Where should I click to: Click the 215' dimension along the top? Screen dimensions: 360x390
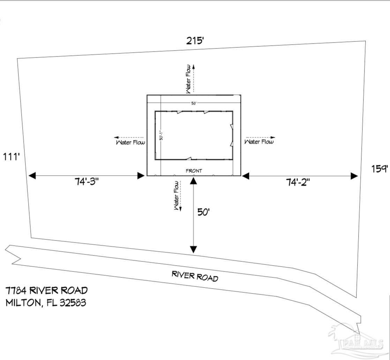tap(195, 41)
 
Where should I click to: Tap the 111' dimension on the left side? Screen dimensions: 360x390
tap(13, 157)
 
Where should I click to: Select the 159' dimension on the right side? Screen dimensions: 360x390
tap(380, 169)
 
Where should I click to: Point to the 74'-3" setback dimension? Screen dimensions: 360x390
tap(87, 182)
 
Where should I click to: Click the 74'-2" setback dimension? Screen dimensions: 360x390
tap(298, 182)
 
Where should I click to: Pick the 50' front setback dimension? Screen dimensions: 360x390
tap(203, 212)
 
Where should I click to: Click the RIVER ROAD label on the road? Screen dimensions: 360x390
tap(195, 276)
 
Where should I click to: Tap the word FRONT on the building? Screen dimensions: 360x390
tap(194, 171)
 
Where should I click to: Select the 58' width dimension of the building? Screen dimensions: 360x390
tap(194, 103)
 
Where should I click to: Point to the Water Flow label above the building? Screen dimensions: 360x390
tap(189, 79)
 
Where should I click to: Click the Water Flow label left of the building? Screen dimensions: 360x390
tap(130, 142)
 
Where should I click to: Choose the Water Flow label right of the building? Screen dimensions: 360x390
tap(259, 142)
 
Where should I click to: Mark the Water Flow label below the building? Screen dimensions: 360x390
tap(177, 195)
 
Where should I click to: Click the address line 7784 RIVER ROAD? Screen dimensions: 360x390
tap(46, 290)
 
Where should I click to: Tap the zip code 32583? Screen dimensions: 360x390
tap(73, 302)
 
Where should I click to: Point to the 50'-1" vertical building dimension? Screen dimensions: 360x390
tap(161, 135)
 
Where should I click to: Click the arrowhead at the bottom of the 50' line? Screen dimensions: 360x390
tap(193, 250)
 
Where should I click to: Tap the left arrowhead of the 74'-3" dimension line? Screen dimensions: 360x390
tap(32, 176)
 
